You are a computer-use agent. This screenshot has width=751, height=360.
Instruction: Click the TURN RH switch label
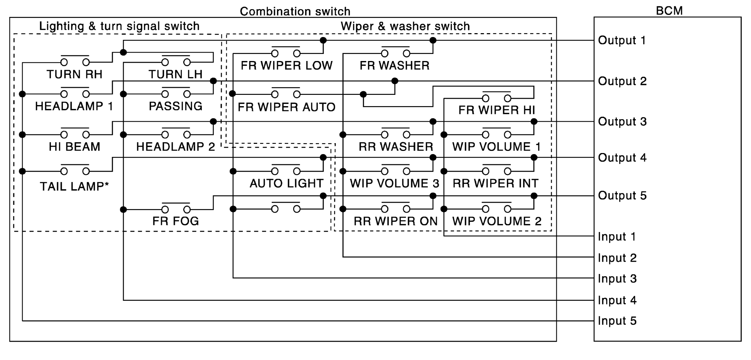74,74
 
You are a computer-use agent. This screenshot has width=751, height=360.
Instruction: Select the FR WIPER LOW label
286,66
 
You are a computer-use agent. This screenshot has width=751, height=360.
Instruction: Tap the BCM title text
669,11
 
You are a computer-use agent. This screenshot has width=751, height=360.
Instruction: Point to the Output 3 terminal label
622,122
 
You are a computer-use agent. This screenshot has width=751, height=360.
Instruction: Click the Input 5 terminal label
617,321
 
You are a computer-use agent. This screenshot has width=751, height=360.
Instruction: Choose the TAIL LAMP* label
74,187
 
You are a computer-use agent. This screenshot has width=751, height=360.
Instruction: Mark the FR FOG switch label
176,221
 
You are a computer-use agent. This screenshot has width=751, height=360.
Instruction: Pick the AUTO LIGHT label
286,183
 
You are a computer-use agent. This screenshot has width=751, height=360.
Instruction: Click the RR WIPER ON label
396,221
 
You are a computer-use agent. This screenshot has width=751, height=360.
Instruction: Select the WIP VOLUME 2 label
496,221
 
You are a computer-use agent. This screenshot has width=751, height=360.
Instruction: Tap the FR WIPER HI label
496,110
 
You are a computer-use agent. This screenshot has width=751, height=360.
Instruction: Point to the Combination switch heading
295,12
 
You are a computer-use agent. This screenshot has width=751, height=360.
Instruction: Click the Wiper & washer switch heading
405,26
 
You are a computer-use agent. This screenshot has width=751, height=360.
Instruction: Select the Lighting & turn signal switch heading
119,26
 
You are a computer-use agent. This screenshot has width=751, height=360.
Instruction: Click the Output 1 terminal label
622,41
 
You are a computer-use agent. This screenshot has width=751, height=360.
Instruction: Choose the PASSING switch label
176,106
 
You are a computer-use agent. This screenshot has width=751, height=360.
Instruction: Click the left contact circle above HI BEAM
64,135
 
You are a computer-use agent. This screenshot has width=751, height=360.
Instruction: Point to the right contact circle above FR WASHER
407,54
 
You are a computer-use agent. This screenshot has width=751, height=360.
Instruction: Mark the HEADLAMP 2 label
176,147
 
